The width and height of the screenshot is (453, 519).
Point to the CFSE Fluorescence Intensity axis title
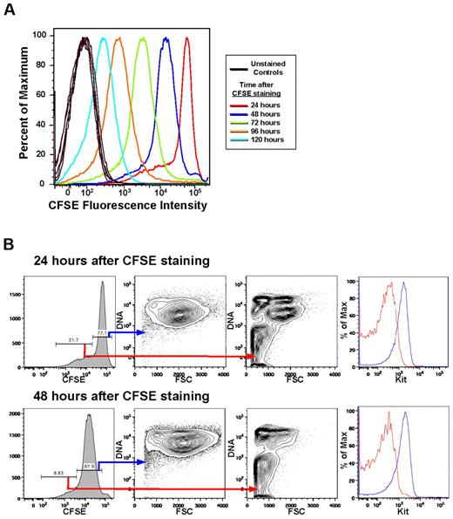(x=128, y=207)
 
